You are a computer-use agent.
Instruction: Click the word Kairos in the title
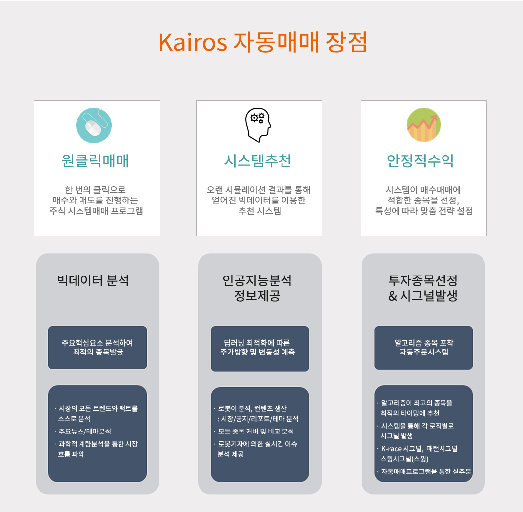(x=193, y=42)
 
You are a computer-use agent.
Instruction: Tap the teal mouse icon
(x=94, y=125)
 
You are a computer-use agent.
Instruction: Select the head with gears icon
(x=258, y=125)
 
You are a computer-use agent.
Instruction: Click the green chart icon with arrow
(x=424, y=125)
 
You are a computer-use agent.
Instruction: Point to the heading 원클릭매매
(x=95, y=161)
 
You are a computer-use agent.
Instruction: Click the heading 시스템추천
(x=258, y=161)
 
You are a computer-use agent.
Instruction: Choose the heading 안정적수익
(x=420, y=161)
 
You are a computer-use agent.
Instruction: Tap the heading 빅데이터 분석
(x=93, y=280)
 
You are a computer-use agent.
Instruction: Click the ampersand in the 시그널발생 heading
(x=393, y=296)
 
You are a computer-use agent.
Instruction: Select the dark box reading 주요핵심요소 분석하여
(x=97, y=348)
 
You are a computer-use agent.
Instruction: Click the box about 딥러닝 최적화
(x=260, y=349)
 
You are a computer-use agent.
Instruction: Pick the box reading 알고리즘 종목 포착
(x=424, y=348)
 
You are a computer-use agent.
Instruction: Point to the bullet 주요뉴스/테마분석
(x=84, y=432)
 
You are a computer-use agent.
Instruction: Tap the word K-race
(x=391, y=449)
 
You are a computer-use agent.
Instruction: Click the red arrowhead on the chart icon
(x=434, y=118)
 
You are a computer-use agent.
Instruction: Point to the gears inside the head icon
(x=257, y=118)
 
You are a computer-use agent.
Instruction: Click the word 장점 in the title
(x=346, y=42)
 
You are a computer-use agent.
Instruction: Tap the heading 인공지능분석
(x=257, y=280)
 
